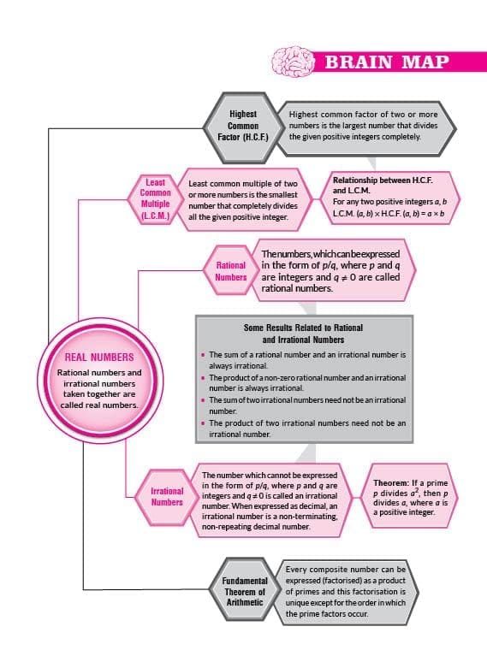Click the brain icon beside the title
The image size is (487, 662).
(293, 62)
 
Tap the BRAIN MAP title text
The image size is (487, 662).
(387, 62)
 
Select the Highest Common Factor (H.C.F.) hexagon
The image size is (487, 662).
(243, 127)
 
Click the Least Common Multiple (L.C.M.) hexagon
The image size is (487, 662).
(156, 199)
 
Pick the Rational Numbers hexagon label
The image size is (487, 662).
(230, 271)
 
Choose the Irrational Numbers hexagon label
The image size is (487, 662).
(167, 496)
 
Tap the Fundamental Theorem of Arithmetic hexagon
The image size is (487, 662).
(245, 591)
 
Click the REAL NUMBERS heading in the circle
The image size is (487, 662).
(99, 358)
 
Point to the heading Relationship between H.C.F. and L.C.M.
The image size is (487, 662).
(383, 186)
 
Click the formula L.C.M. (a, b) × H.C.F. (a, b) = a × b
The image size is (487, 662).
(389, 213)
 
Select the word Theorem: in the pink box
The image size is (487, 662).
(391, 483)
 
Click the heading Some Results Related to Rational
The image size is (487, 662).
(303, 328)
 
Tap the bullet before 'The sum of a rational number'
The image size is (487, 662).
(203, 355)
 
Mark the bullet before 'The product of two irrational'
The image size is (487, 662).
(203, 423)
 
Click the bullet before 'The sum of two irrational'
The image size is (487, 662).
(203, 399)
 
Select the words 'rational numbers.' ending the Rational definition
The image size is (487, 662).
(297, 288)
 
